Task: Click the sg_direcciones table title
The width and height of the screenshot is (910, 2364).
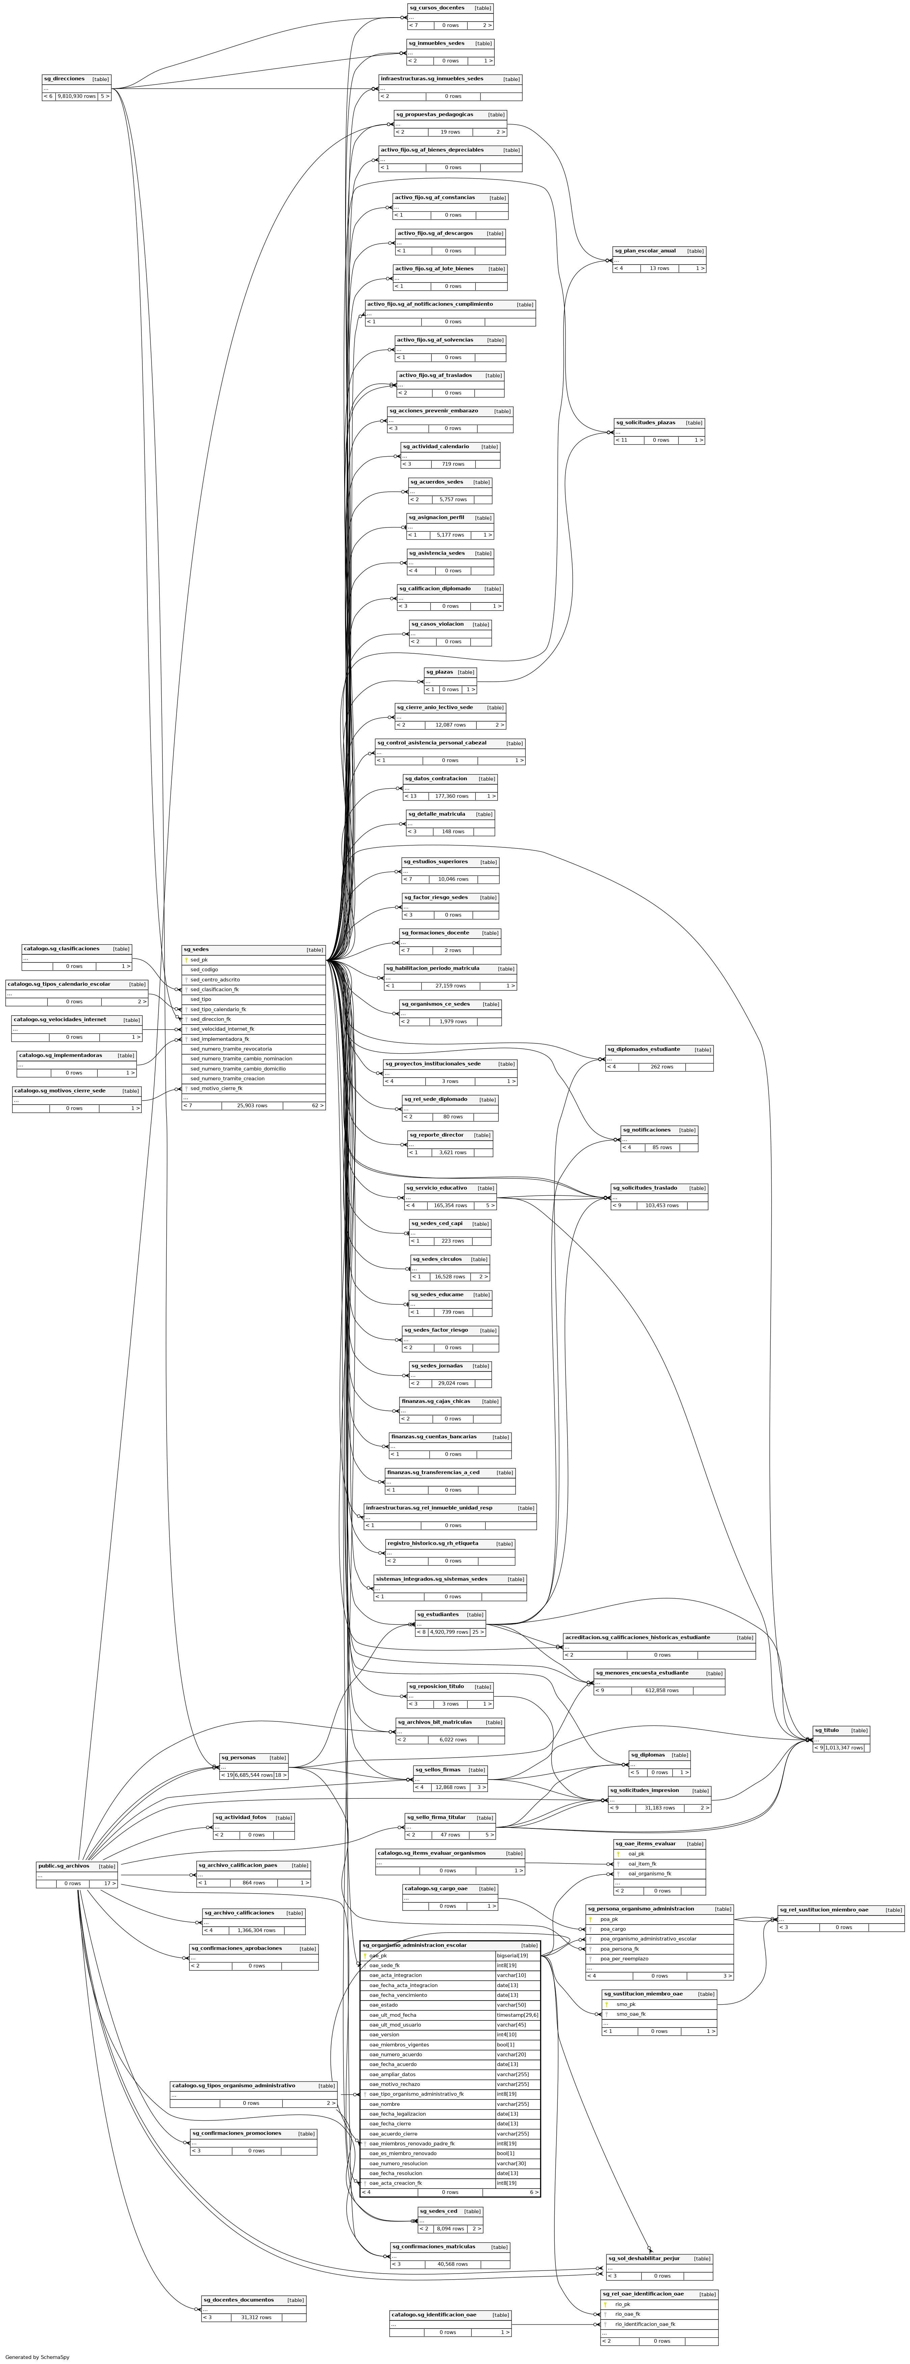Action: [64, 79]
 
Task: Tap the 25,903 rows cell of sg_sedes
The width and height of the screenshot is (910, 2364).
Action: [252, 1106]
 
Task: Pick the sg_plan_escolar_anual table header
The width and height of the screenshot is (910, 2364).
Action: [645, 250]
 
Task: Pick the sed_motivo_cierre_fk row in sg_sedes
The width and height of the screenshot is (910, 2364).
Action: [217, 1087]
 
